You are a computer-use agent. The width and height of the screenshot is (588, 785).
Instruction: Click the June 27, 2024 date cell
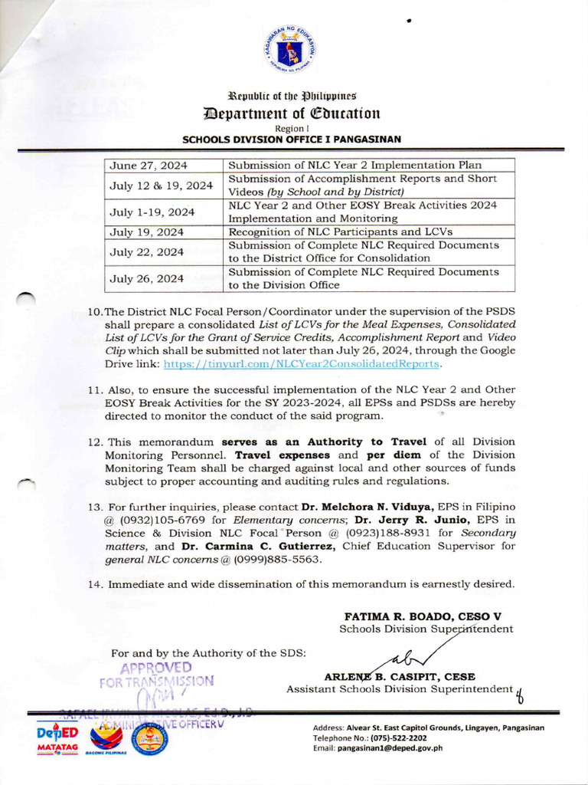149,166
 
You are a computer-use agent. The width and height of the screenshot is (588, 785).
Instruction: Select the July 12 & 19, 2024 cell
161,186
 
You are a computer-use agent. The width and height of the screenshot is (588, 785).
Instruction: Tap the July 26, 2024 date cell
146,278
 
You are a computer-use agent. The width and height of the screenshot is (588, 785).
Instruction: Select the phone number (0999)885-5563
286,560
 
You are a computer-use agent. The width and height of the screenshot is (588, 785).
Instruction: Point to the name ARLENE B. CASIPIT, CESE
400,677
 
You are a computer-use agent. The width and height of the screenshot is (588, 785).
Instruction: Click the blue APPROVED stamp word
155,667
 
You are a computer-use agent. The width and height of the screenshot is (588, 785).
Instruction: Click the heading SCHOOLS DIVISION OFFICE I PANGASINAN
292,140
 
